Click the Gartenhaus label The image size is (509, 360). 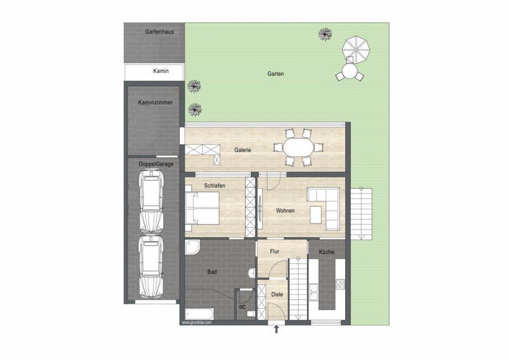coord(159,32)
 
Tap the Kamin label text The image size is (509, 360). coord(161,71)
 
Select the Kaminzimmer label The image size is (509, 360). coord(155,102)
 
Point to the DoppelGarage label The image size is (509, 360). coord(156,164)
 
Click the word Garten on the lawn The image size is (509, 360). coord(276,74)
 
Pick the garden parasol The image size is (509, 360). coord(356,49)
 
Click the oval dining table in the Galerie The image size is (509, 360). coord(299,148)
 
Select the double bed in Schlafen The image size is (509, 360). coord(202,208)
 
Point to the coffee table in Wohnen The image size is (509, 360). coord(315,215)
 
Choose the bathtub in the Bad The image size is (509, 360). coord(200,314)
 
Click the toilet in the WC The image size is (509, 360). coord(251,314)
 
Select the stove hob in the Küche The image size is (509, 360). coord(340,284)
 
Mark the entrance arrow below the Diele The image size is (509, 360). coord(276,330)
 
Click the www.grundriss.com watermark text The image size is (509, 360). coord(197,323)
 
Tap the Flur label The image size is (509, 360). coord(274,252)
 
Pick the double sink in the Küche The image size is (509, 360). coord(314,292)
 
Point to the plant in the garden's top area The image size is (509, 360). coord(325,34)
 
